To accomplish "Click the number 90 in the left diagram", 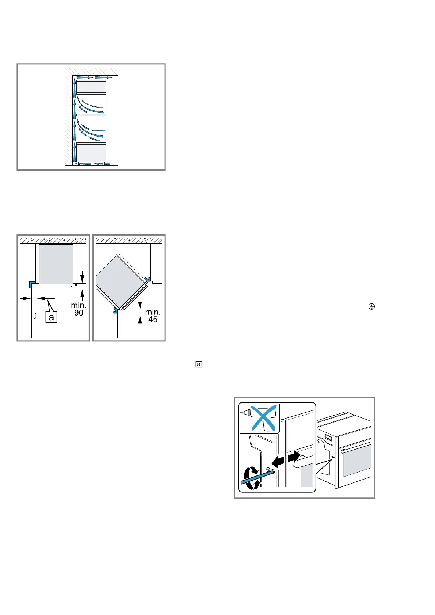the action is click(x=79, y=313).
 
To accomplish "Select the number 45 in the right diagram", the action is click(x=153, y=320).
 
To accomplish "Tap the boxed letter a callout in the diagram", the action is click(x=51, y=317).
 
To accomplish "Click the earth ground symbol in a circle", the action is click(x=371, y=307).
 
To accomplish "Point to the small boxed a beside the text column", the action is click(x=199, y=364).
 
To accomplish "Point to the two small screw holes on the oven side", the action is click(x=333, y=457).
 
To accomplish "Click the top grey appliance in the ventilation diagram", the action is click(x=91, y=87).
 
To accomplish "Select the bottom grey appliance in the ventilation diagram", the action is click(x=91, y=152).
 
